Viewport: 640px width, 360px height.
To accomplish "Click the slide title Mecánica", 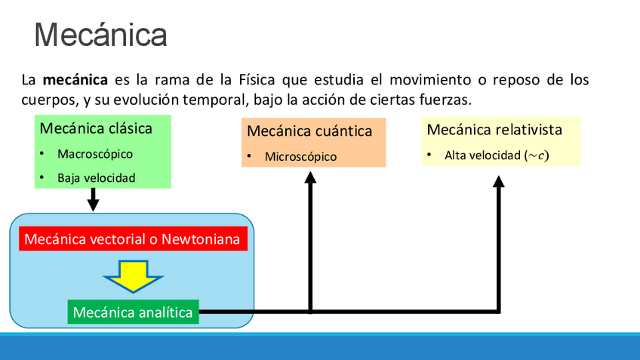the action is pos(100,35).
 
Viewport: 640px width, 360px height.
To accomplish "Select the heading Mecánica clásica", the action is pos(96,128).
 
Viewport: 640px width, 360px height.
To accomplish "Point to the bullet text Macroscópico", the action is pos(95,154).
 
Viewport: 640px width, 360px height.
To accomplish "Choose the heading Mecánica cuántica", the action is pos(309,131).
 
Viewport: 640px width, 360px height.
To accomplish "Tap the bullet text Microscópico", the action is pos(300,157).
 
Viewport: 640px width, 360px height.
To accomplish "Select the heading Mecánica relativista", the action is pos(494,130).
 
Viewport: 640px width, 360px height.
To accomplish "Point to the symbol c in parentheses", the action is pos(538,155).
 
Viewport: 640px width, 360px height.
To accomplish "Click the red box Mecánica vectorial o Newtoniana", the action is pos(132,239).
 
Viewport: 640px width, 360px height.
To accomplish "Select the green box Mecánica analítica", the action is pos(133,312).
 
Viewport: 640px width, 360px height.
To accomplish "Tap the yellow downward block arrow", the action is pos(133,275).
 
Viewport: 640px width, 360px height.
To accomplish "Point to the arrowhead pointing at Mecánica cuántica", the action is pos(310,178).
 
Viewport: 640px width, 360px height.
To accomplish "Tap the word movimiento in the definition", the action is pos(419,80).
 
